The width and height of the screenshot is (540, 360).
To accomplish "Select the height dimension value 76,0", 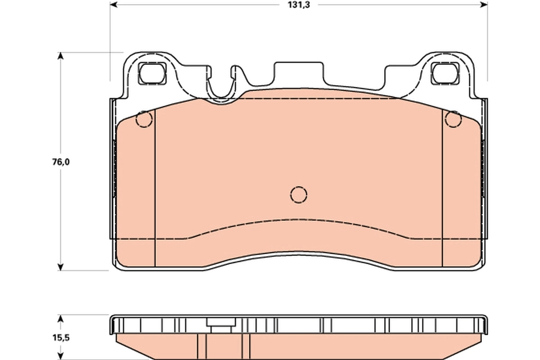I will tap(60, 162).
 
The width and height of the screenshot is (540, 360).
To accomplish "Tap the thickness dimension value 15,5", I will tap(60, 337).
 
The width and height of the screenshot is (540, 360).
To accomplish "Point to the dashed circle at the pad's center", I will tap(298, 194).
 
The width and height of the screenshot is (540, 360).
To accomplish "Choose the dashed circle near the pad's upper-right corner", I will tap(453, 119).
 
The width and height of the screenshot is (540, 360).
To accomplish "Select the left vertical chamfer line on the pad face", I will tap(155, 189).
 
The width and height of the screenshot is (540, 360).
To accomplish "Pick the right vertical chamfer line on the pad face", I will tap(442, 189).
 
